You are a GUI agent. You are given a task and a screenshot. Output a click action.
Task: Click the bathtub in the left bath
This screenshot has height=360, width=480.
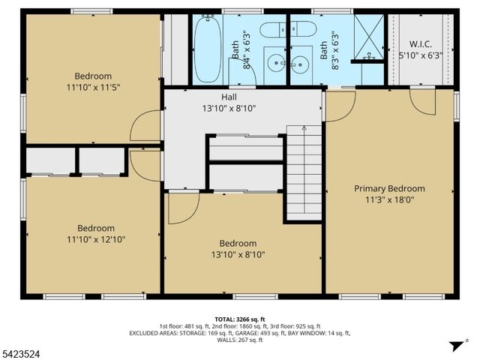(207, 49)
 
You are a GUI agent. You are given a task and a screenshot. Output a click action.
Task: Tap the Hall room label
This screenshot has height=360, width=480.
(229, 97)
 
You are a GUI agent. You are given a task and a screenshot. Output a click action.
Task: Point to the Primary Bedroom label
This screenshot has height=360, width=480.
(389, 188)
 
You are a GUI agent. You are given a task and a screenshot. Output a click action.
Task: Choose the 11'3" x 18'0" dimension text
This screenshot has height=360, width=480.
(389, 199)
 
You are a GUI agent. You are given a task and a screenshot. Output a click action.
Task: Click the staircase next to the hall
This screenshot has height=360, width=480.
(304, 172)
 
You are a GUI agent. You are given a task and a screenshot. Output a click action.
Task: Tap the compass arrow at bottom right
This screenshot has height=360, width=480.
(454, 346)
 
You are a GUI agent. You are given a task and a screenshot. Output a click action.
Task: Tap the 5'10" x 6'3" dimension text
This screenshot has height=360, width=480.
(421, 55)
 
